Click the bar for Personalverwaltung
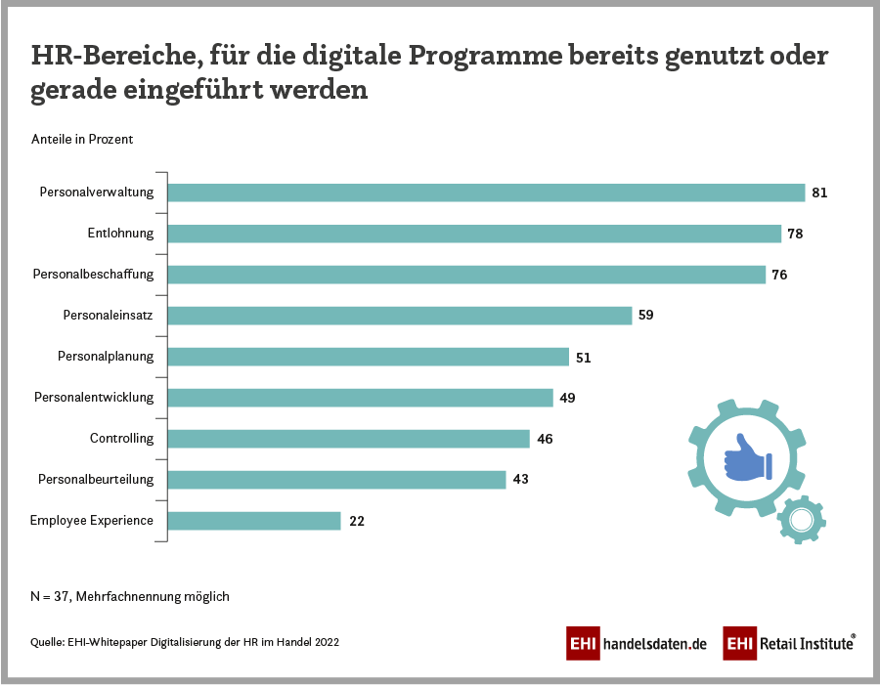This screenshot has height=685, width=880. [486, 193]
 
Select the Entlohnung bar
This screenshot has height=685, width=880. [474, 234]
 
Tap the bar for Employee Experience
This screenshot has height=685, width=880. [254, 521]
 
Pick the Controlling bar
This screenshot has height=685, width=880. [349, 439]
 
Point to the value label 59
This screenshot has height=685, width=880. [645, 316]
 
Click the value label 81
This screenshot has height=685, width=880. [819, 193]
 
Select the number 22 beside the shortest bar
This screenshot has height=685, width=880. [357, 521]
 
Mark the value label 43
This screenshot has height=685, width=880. [520, 480]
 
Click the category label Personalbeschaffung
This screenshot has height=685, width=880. [94, 275]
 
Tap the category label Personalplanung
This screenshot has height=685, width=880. [106, 357]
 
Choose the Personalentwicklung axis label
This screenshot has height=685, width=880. [94, 398]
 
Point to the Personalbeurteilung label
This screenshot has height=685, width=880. [96, 480]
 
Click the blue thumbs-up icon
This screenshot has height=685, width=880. [746, 457]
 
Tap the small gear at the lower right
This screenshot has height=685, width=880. [802, 519]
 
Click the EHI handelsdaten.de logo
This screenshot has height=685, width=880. [637, 643]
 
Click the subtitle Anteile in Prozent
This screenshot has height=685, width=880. [82, 139]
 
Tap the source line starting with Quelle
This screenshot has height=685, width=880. [185, 642]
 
